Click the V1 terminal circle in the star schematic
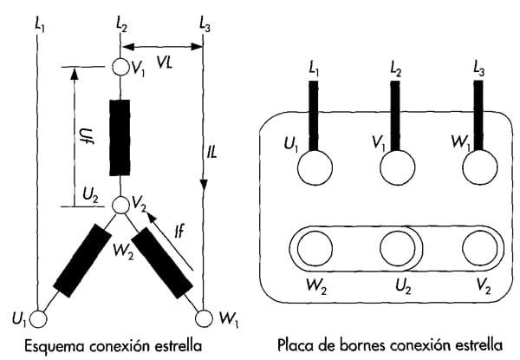click(x=121, y=67)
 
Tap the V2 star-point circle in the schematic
click(x=121, y=206)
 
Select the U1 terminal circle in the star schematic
click(x=37, y=318)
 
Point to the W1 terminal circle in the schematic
click(x=205, y=318)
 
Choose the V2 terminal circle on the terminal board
click(x=476, y=249)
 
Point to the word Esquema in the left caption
click(x=55, y=344)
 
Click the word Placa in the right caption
click(x=296, y=344)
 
